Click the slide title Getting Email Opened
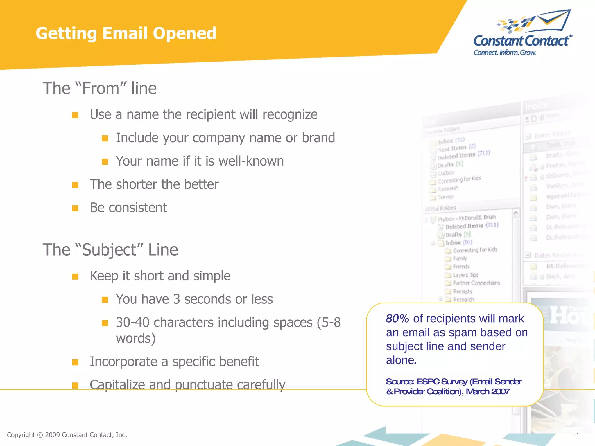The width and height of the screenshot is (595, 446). point(126,33)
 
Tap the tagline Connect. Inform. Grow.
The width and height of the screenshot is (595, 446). point(505,53)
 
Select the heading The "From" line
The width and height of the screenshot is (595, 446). point(100,88)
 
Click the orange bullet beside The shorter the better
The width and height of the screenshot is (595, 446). point(75,185)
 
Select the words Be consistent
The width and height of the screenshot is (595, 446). point(128,207)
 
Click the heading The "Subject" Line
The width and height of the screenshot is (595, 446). point(110,249)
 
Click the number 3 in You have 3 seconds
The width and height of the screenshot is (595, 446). point(177,299)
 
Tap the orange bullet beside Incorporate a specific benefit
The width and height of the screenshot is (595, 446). point(75,362)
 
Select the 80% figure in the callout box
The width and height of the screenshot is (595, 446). point(397,319)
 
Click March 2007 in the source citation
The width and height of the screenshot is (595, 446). point(488,391)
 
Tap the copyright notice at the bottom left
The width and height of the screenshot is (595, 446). point(67,435)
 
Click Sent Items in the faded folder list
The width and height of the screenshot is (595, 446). point(452,149)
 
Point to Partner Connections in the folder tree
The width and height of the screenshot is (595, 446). point(476,283)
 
